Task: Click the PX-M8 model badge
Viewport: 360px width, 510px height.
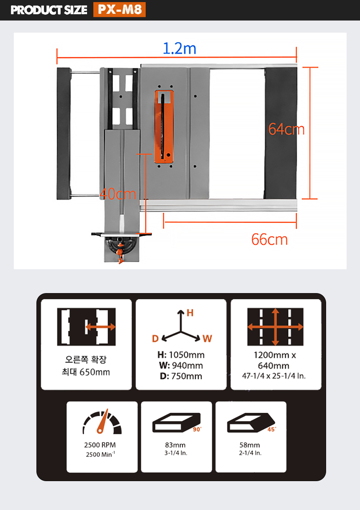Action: (119, 10)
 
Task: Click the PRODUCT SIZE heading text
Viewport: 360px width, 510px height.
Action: (49, 10)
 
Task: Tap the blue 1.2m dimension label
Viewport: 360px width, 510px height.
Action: (179, 49)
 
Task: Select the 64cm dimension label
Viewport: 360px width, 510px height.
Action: (286, 129)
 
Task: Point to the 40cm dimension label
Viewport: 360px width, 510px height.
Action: (118, 194)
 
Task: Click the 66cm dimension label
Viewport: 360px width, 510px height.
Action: (270, 240)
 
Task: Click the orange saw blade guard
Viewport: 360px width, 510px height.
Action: (164, 127)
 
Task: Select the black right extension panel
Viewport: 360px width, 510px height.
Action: (280, 133)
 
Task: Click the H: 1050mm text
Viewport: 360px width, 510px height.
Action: (181, 355)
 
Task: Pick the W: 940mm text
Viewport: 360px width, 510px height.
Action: (181, 366)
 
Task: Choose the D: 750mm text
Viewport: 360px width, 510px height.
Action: (181, 376)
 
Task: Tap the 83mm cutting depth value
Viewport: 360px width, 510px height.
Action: (175, 445)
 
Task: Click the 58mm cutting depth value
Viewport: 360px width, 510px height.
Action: (249, 445)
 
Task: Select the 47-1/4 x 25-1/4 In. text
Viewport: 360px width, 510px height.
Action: (274, 376)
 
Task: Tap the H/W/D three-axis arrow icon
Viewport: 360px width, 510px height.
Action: (181, 327)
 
